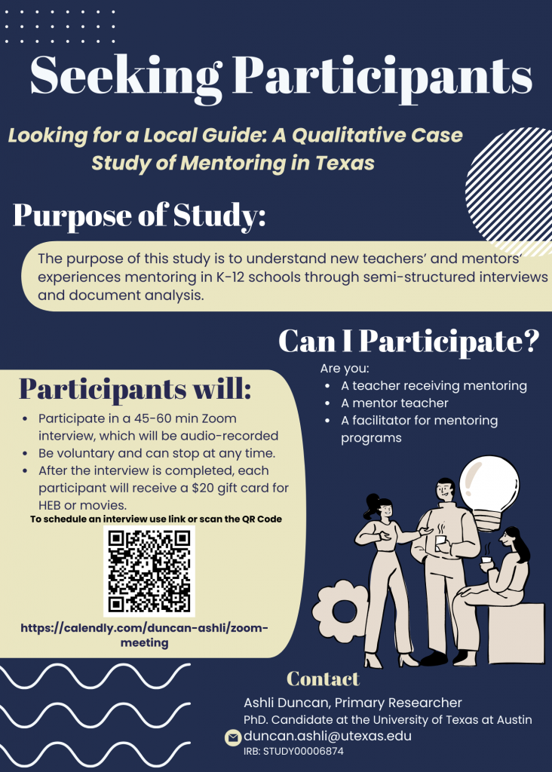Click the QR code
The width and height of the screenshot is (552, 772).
point(149,571)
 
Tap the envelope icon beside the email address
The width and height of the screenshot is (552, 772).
point(232,737)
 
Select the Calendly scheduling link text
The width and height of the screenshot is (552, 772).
point(144,635)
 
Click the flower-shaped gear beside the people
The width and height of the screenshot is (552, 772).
point(340,611)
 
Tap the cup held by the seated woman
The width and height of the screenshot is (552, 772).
point(486,561)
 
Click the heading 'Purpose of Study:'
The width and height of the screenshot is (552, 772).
point(140,216)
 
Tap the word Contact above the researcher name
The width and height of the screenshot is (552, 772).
point(323,679)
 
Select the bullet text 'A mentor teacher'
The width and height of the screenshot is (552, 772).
point(394,403)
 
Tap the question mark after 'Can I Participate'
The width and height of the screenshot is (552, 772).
point(530,341)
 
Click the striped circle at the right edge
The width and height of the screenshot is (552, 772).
point(509,189)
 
